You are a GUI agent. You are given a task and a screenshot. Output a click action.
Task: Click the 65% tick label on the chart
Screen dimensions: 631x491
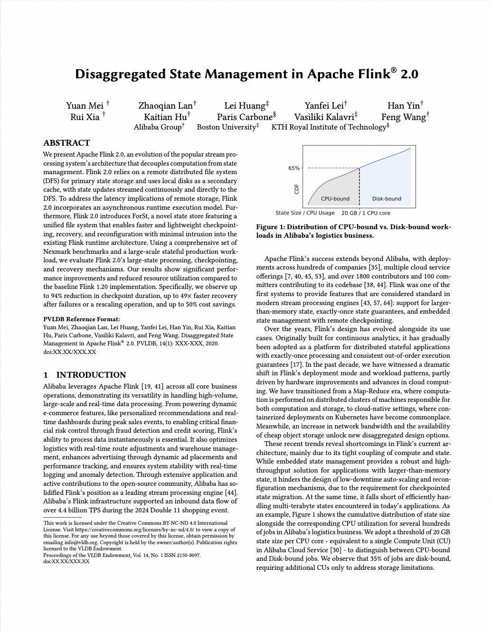(294, 168)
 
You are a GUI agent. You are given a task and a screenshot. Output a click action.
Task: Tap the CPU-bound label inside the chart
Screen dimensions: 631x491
(335, 199)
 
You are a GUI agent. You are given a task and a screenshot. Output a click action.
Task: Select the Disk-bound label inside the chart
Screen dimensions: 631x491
(387, 199)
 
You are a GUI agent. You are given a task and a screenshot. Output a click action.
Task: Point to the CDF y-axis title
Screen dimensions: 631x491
(297, 189)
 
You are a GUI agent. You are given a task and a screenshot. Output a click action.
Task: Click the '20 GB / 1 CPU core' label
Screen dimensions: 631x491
(366, 213)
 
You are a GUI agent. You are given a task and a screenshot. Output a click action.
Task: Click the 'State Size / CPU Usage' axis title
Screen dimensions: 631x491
(305, 213)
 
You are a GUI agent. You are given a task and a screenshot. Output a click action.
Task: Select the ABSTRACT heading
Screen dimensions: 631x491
(66, 143)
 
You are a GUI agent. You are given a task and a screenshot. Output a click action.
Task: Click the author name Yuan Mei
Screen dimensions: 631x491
(85, 105)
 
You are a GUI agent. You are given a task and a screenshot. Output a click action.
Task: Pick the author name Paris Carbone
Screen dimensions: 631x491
(245, 117)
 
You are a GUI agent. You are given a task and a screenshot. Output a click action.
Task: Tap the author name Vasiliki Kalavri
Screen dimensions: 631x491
(324, 117)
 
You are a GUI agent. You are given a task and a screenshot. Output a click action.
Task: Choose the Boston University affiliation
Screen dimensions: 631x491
(227, 127)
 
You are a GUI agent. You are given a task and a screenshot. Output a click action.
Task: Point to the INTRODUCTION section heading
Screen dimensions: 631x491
(91, 375)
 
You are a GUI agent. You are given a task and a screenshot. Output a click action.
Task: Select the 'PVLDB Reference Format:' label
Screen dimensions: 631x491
(82, 319)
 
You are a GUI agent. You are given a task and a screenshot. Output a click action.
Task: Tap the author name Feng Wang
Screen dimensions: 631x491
(403, 117)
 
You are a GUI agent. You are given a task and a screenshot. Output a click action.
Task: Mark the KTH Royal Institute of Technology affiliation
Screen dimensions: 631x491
(329, 127)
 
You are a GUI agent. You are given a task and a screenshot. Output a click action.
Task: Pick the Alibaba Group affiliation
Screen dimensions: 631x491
(157, 127)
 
